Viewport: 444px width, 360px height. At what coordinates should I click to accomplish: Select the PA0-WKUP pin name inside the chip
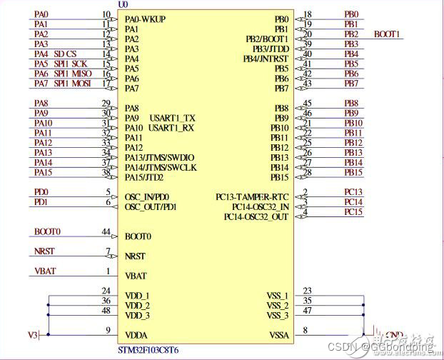click(x=145, y=19)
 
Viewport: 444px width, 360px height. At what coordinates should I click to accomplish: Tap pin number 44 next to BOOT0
click(x=106, y=232)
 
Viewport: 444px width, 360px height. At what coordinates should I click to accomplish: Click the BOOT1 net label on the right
click(x=388, y=34)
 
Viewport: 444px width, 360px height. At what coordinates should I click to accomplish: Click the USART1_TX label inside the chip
click(x=172, y=118)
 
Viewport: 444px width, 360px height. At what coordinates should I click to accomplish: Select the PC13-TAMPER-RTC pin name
click(x=253, y=196)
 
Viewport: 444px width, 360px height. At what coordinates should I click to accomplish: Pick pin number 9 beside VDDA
click(x=108, y=329)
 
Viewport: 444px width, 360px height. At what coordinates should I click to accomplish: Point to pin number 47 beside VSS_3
click(x=308, y=311)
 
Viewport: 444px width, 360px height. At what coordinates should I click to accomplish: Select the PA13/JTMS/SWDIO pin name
click(x=159, y=157)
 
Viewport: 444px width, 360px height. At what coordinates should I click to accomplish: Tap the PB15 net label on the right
click(x=353, y=172)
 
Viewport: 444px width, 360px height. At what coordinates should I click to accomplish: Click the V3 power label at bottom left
click(x=32, y=335)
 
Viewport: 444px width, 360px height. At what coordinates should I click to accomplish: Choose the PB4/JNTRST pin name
click(x=265, y=59)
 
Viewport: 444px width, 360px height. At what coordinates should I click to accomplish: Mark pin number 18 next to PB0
click(x=308, y=14)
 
